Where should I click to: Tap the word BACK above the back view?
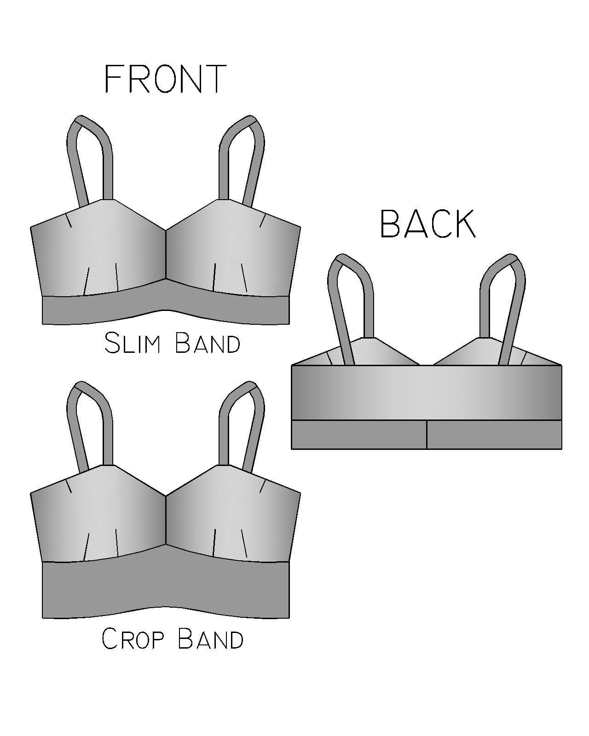[x=427, y=224]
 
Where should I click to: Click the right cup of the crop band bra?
[x=230, y=515]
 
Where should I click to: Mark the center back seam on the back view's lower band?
[x=427, y=434]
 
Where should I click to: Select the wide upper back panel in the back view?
[x=427, y=392]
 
